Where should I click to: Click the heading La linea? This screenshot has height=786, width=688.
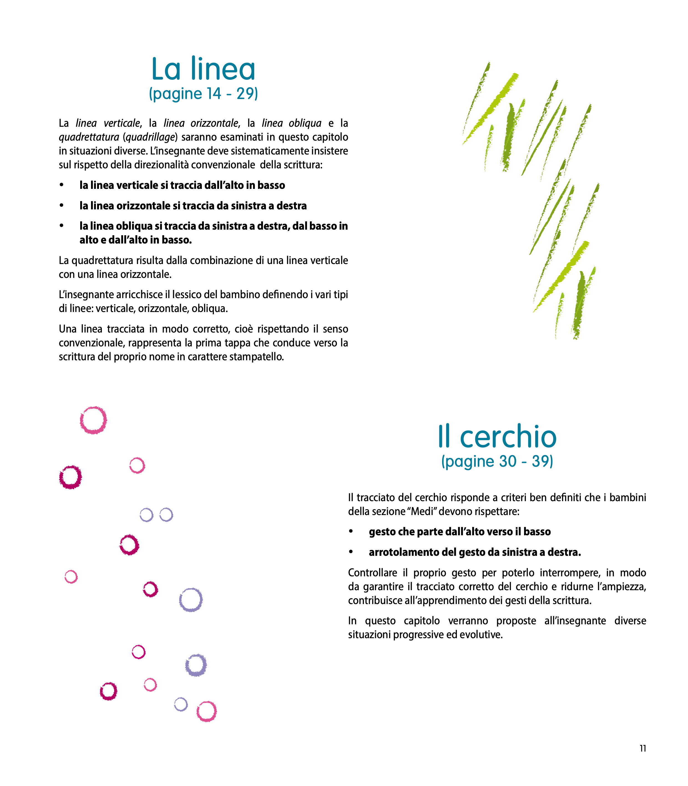[203, 69]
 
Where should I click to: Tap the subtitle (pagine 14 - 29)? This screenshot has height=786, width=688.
[203, 94]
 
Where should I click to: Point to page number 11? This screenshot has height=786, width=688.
[643, 748]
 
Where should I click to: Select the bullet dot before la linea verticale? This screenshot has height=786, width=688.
[61, 185]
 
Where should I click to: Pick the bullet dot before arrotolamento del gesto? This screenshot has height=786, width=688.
[351, 552]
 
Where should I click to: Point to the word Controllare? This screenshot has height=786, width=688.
[372, 573]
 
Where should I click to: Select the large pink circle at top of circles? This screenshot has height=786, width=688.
[93, 420]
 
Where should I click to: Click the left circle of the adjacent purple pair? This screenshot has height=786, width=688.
[146, 515]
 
